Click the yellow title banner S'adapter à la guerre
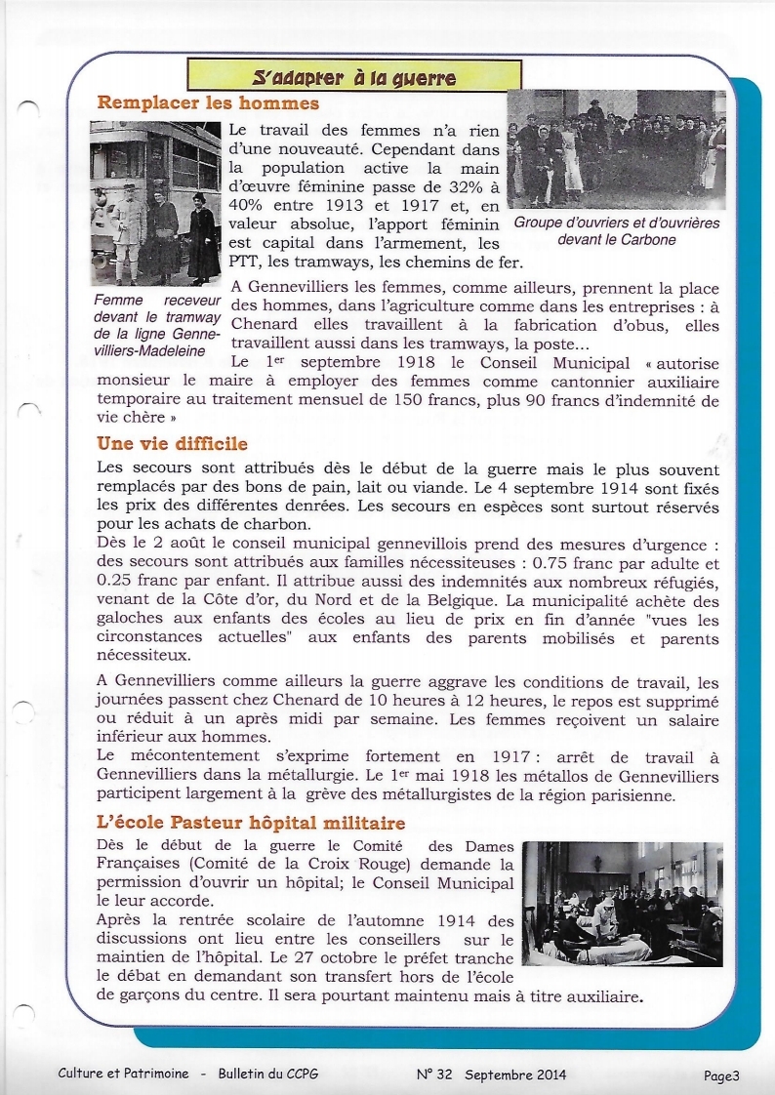(x=354, y=76)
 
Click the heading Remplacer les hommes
(x=208, y=102)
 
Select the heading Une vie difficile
(x=172, y=444)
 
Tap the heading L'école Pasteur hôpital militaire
(x=252, y=824)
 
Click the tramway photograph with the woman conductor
(x=155, y=203)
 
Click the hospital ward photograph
(x=622, y=904)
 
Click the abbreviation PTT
(x=245, y=262)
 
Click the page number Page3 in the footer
(x=721, y=1075)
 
